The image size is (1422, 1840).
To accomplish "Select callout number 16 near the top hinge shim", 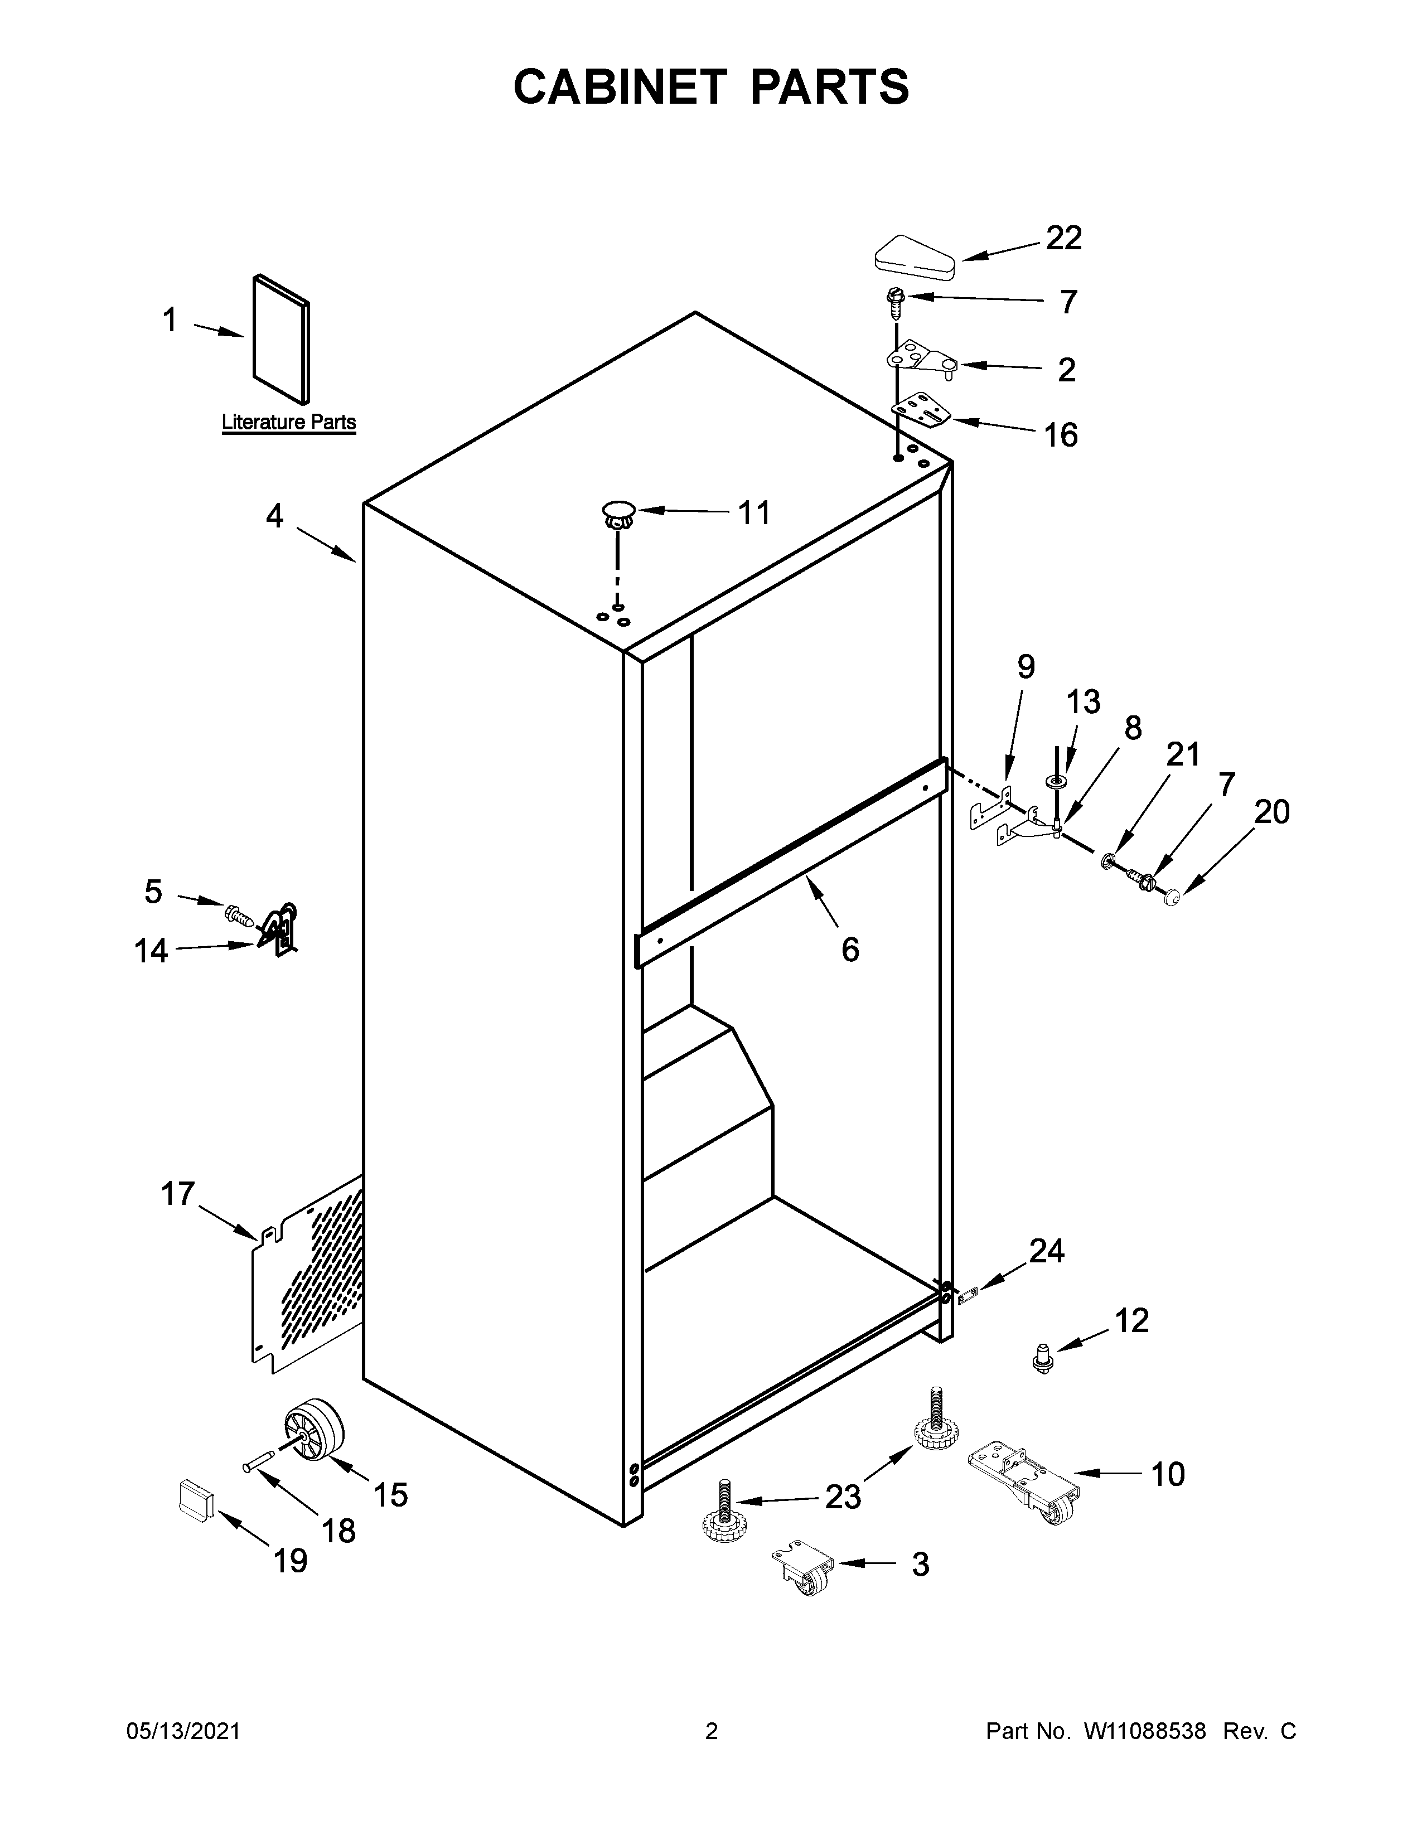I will [1061, 435].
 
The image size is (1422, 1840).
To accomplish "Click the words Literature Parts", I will [288, 422].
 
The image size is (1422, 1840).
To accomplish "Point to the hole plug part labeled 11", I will [618, 513].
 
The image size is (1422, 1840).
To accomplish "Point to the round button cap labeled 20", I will [1172, 900].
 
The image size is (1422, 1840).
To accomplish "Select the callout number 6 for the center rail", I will [850, 950].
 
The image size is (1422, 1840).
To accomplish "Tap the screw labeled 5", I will [239, 913].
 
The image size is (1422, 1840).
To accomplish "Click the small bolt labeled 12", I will [1043, 1359].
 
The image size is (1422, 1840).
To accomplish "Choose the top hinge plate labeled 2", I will [922, 359].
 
